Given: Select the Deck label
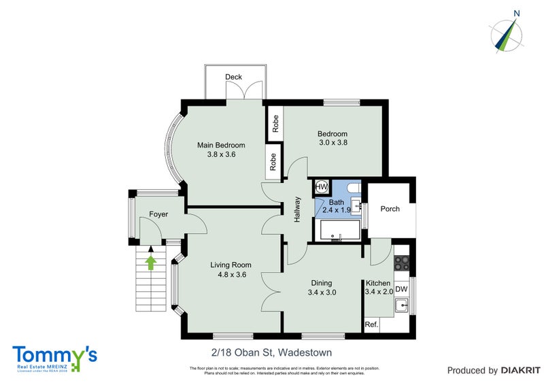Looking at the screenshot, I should click(x=234, y=77).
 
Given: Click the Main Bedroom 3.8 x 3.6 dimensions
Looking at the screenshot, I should click(x=221, y=154).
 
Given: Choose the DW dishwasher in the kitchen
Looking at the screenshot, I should click(x=401, y=289).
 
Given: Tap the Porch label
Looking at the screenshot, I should click(x=390, y=209).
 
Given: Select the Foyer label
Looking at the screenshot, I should click(x=158, y=215).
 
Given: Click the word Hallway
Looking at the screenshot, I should click(x=298, y=209).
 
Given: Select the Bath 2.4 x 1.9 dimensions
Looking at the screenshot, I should click(x=337, y=211).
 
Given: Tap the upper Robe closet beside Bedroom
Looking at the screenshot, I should click(x=275, y=123).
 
